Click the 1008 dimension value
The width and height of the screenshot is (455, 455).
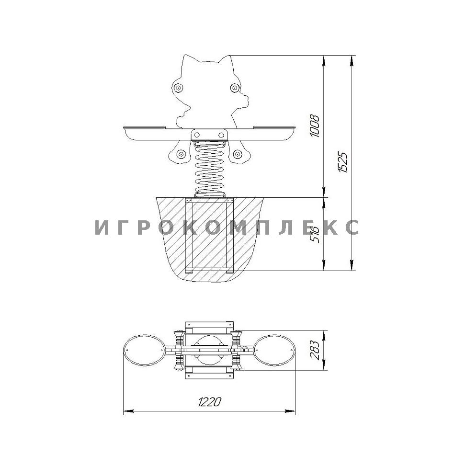pos(315,125)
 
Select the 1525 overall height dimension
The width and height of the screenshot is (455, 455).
pos(343,162)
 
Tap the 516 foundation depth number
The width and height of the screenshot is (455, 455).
pos(314,234)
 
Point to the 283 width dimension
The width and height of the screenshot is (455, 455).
pos(315,350)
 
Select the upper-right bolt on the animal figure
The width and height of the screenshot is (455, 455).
pos(235,87)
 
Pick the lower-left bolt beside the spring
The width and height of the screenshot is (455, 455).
pos(182,154)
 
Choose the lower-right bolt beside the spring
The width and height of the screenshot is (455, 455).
pos(238,154)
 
